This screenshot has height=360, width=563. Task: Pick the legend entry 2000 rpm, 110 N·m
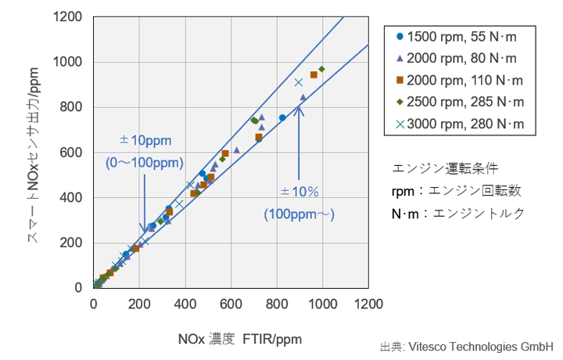pyautogui.click(x=460, y=80)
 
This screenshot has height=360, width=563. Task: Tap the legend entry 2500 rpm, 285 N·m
pyautogui.click(x=460, y=102)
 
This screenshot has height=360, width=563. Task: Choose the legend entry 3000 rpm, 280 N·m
pyautogui.click(x=460, y=124)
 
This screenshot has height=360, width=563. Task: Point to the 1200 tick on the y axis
pyautogui.click(x=73, y=16)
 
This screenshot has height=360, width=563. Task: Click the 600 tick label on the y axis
pyautogui.click(x=77, y=152)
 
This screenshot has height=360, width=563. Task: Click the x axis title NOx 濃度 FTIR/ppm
pyautogui.click(x=239, y=339)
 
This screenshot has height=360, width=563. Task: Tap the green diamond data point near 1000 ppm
pyautogui.click(x=321, y=69)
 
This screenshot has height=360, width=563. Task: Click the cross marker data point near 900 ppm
pyautogui.click(x=298, y=82)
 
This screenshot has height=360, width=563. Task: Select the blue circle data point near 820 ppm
pyautogui.click(x=282, y=118)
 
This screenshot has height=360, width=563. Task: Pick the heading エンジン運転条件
pyautogui.click(x=444, y=167)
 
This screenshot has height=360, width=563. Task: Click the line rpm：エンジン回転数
pyautogui.click(x=456, y=189)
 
